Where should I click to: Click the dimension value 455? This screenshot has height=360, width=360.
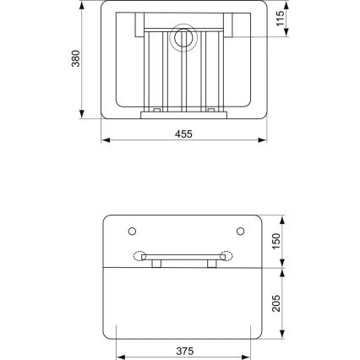click(x=183, y=133)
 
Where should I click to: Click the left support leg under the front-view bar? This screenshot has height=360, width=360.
click(x=157, y=264)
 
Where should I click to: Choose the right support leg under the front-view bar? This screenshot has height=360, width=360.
click(x=208, y=264)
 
